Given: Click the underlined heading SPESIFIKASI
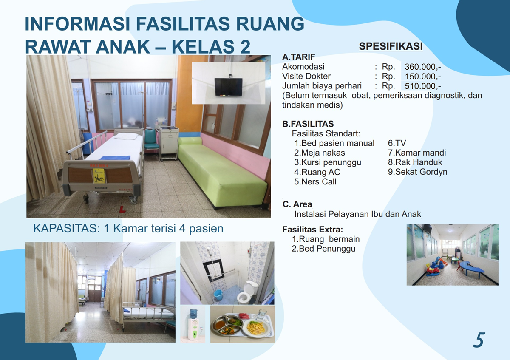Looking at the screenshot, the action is click(391, 46).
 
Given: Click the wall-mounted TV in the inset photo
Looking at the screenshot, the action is click(228, 87).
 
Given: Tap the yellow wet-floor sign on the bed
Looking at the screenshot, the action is click(99, 176).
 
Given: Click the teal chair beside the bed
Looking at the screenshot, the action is click(151, 140).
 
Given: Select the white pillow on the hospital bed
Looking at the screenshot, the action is click(126, 136).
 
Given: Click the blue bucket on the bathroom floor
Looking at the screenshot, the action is click(218, 294).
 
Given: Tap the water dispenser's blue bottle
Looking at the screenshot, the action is click(194, 315).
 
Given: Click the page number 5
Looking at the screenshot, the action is click(479, 340).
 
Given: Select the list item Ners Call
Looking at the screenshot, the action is click(315, 182).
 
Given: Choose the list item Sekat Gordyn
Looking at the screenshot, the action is click(418, 172).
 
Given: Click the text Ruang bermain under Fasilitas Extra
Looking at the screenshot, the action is click(326, 239).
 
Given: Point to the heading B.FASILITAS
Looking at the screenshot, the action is click(308, 124).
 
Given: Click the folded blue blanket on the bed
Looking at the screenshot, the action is click(115, 158).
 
